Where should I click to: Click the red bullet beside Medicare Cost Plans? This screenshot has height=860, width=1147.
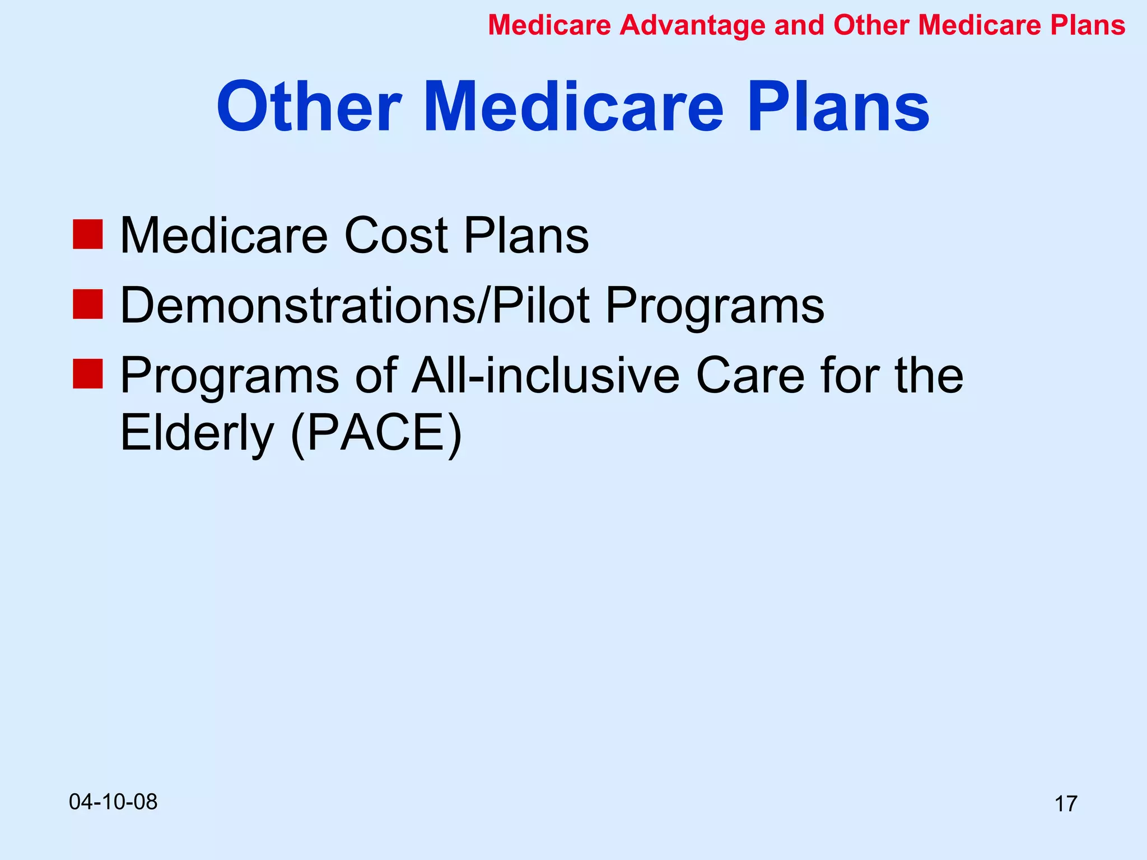point(88,234)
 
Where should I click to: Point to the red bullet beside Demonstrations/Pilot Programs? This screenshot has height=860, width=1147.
point(88,305)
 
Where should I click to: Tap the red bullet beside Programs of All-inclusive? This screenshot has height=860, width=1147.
point(88,374)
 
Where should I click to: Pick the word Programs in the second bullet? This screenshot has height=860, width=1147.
point(715,307)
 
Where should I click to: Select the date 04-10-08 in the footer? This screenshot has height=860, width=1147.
point(113,802)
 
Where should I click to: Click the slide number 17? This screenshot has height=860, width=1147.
point(1065,804)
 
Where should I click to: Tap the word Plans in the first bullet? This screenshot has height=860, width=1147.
point(526,235)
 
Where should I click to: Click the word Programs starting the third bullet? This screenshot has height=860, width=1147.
point(230,376)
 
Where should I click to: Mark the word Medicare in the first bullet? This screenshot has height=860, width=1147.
point(224,235)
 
